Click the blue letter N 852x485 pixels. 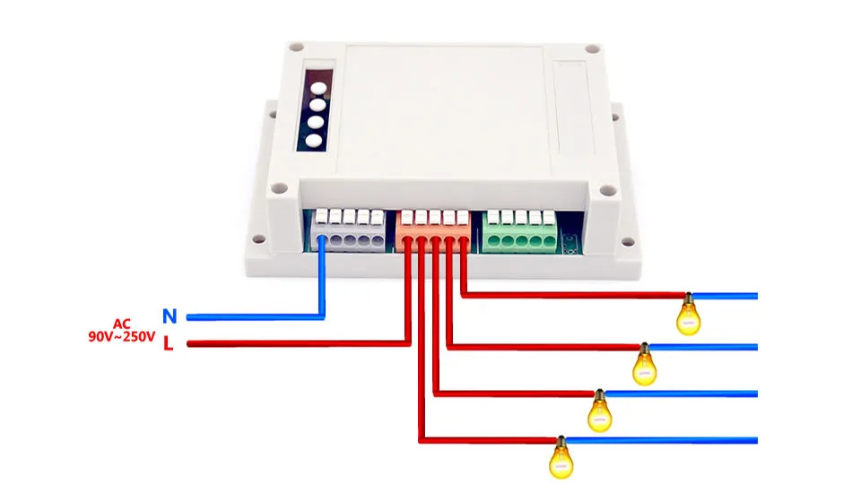point(170,316)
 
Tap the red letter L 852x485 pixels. point(169,343)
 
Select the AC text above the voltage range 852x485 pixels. point(122,325)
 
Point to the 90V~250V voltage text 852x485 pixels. point(122,337)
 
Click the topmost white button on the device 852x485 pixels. point(318,88)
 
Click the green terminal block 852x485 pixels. point(520,232)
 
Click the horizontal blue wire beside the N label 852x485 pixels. point(256,316)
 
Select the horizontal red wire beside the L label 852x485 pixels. point(299,343)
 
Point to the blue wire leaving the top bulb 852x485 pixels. point(725,297)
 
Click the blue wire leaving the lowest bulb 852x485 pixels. point(661,440)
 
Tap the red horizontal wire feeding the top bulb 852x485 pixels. point(573,296)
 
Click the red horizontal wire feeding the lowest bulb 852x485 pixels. point(488,440)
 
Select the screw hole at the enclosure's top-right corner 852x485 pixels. point(593,49)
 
